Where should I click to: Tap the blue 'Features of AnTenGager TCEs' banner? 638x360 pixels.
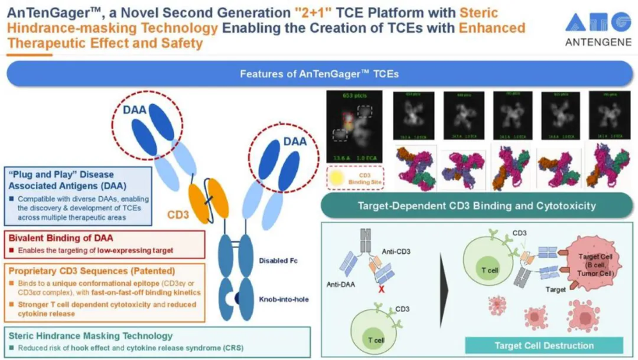pyautogui.click(x=319, y=74)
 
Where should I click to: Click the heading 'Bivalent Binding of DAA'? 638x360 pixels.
pyautogui.click(x=54, y=238)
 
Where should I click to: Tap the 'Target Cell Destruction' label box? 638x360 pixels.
pyautogui.click(x=543, y=346)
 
